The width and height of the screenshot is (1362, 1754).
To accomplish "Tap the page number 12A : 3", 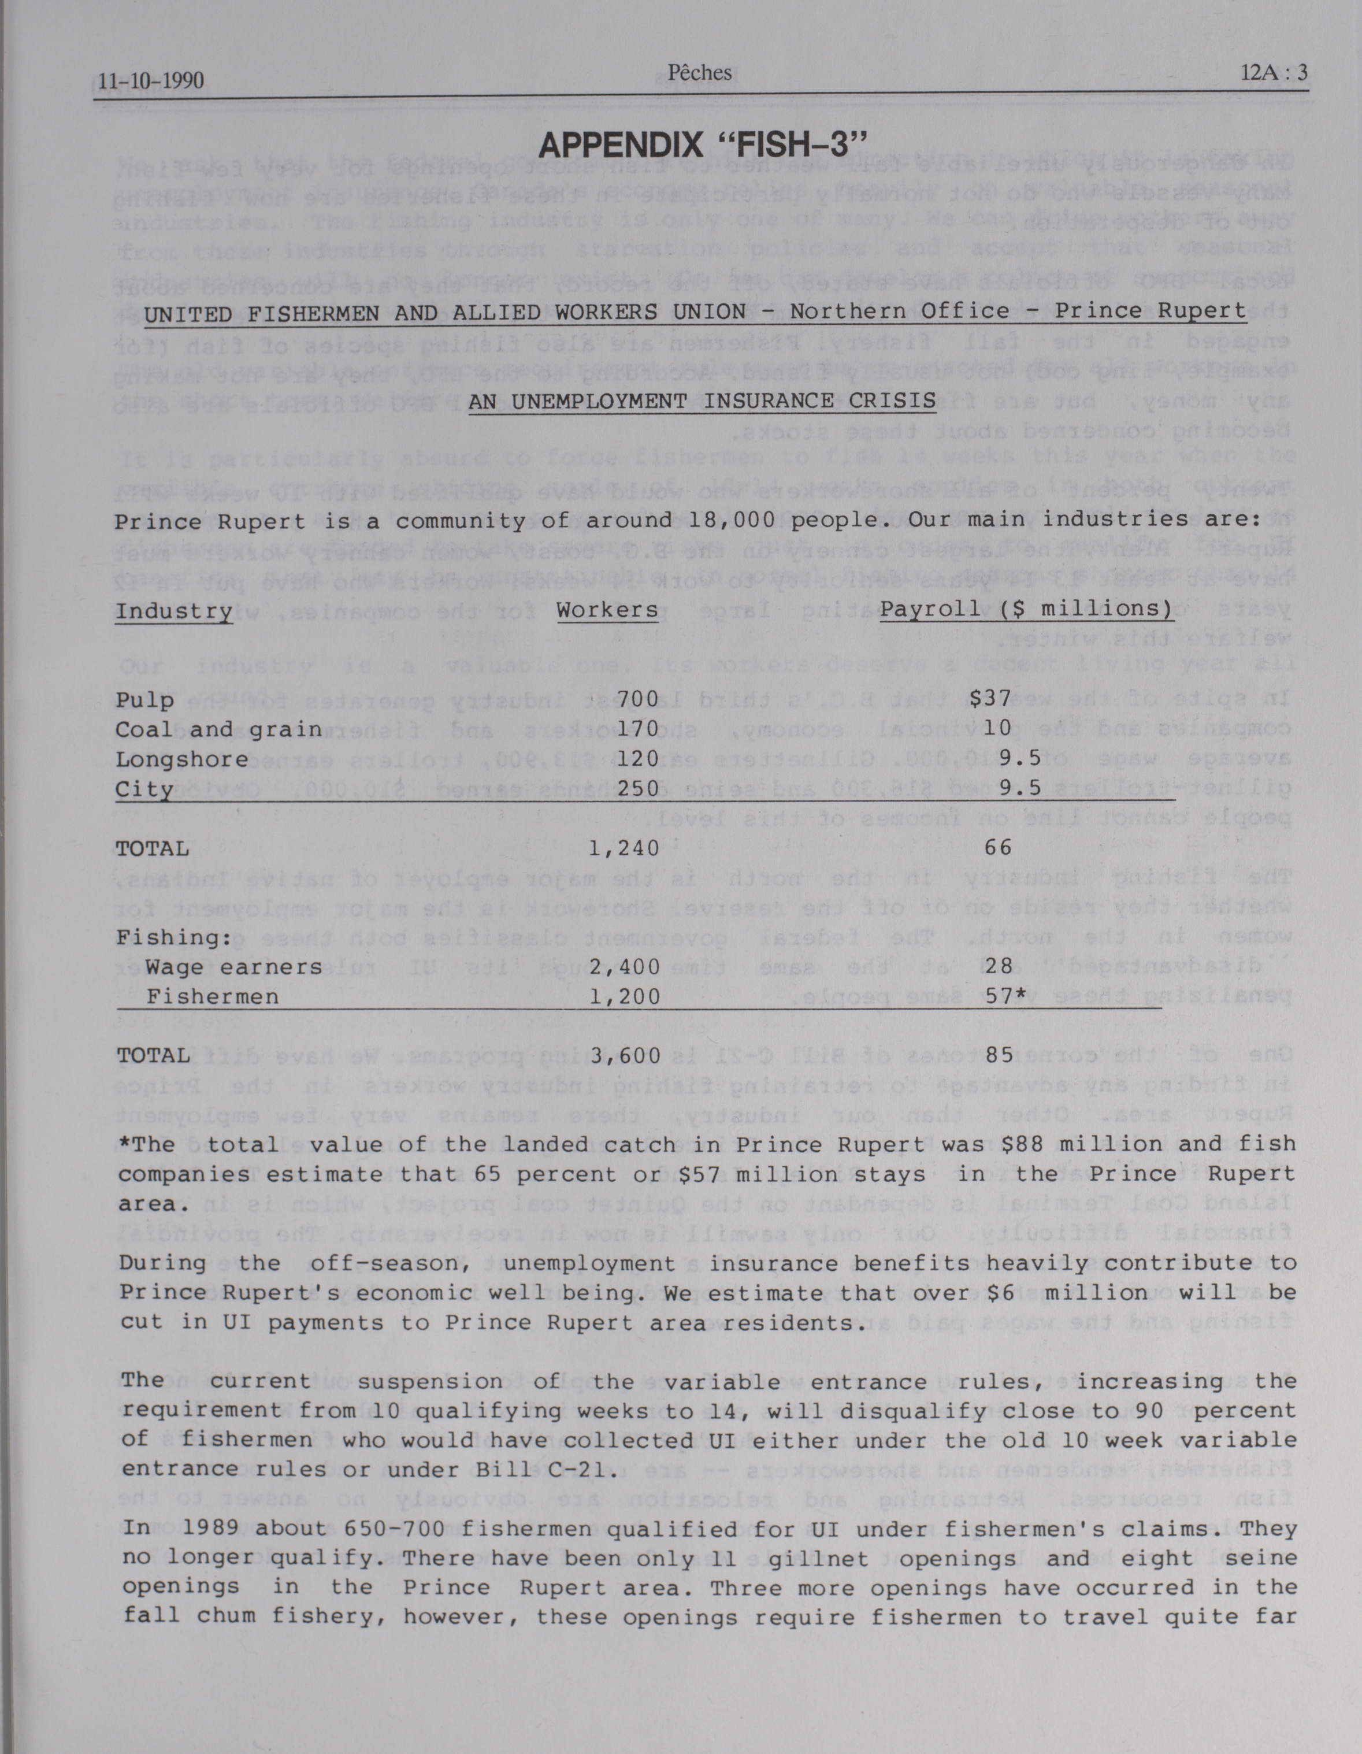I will pyautogui.click(x=1274, y=73).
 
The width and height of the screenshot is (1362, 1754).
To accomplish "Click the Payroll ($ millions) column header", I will pyautogui.click(x=1026, y=610).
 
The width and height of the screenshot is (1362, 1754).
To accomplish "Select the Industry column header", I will pyautogui.click(x=173, y=612).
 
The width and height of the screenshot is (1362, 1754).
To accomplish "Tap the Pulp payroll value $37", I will pyautogui.click(x=989, y=699).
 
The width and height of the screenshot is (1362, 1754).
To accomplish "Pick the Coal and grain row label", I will pyautogui.click(x=218, y=729).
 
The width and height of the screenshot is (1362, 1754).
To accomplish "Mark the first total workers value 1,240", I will pyautogui.click(x=624, y=848).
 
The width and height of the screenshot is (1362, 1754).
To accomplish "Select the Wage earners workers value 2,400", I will pyautogui.click(x=625, y=967).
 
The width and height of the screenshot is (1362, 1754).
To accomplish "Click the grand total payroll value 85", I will pyautogui.click(x=1000, y=1055).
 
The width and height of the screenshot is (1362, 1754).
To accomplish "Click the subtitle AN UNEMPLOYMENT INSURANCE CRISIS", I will pyautogui.click(x=702, y=400).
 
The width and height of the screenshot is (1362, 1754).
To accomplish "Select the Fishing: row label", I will pyautogui.click(x=173, y=937).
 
